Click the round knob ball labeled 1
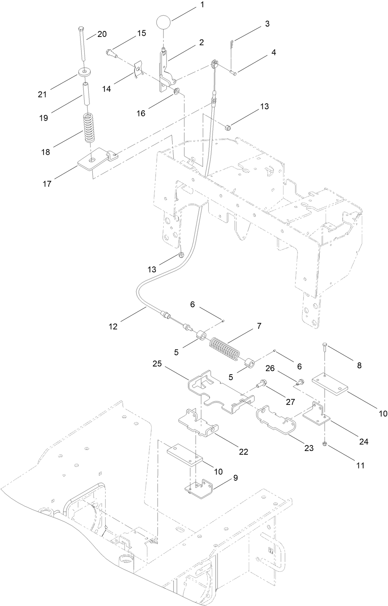tap(163, 22)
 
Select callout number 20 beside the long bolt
tap(102, 34)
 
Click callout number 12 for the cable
tap(113, 326)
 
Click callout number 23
tap(309, 448)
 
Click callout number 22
tap(243, 451)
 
